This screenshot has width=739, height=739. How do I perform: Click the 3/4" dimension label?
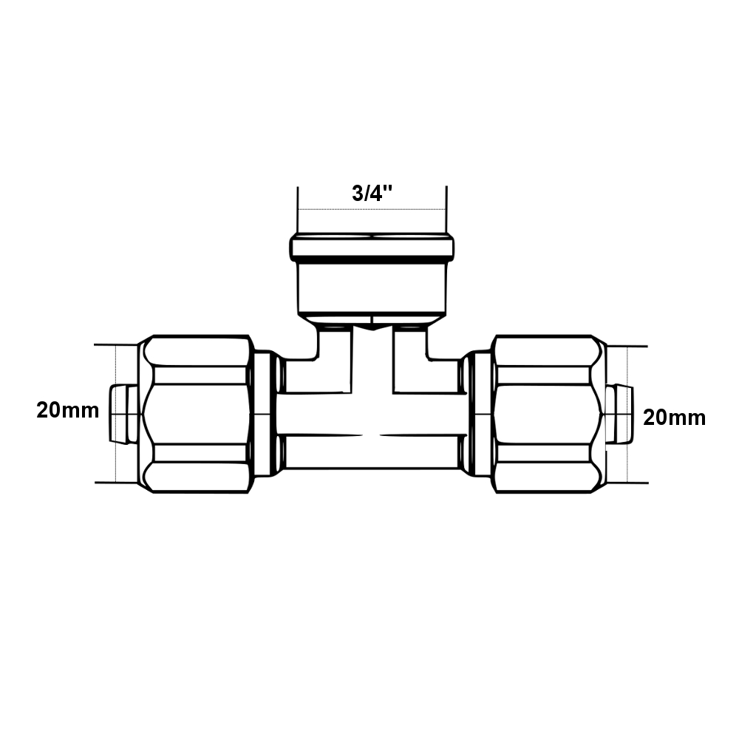(x=372, y=194)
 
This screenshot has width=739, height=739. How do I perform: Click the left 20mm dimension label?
(x=68, y=412)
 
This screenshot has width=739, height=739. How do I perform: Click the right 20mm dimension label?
(x=674, y=418)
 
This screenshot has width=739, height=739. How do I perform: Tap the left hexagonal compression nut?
(x=197, y=414)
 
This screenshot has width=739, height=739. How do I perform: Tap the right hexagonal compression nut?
(x=546, y=414)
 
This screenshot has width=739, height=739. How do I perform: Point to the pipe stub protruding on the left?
(x=122, y=414)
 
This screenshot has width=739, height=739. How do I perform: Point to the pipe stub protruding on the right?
(x=621, y=414)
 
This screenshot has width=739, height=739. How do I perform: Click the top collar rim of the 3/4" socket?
(x=372, y=247)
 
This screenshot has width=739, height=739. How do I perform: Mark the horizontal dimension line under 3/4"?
(x=372, y=210)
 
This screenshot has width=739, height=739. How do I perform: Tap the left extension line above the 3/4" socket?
(x=298, y=211)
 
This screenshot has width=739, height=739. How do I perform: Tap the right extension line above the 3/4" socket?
(x=446, y=211)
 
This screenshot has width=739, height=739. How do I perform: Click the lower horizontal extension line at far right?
(x=628, y=483)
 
